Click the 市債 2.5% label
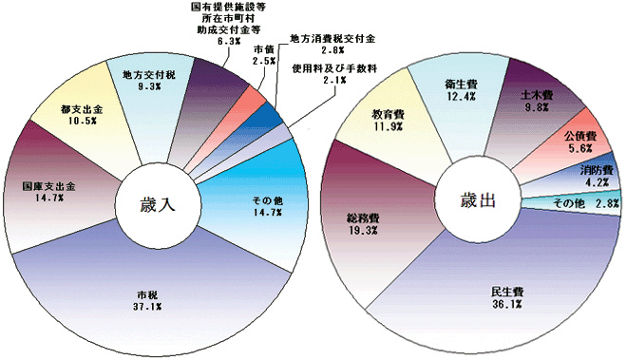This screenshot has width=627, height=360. click(x=265, y=56)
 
